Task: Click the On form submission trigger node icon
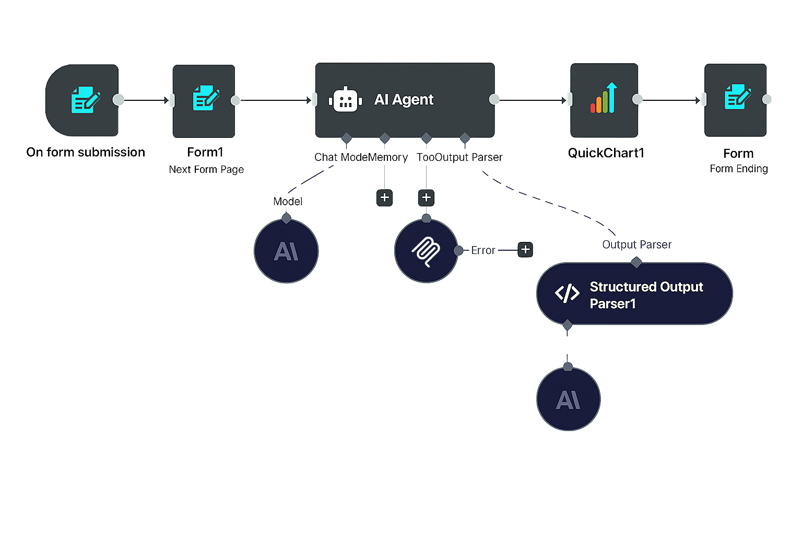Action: pos(85,100)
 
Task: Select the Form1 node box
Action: pos(204,101)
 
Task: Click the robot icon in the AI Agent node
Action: pos(345,100)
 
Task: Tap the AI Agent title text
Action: pos(404,99)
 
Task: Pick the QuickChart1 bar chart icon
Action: pos(604,99)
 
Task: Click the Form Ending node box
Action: pos(735,100)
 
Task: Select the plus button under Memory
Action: pos(385,197)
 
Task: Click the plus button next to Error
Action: pos(525,250)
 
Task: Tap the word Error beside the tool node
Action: pos(482,250)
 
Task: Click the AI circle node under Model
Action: pos(286,251)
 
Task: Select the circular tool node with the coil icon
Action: pos(426,251)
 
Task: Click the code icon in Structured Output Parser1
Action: pos(567,293)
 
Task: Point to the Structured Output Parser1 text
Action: pos(646,295)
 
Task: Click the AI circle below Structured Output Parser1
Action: pos(568,400)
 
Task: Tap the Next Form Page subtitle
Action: pos(206,169)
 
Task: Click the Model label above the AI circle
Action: pos(288,201)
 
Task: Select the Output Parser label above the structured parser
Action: pos(636,245)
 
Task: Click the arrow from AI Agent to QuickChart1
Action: pos(533,100)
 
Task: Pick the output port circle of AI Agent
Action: pos(494,99)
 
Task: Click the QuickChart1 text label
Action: pos(606,153)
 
